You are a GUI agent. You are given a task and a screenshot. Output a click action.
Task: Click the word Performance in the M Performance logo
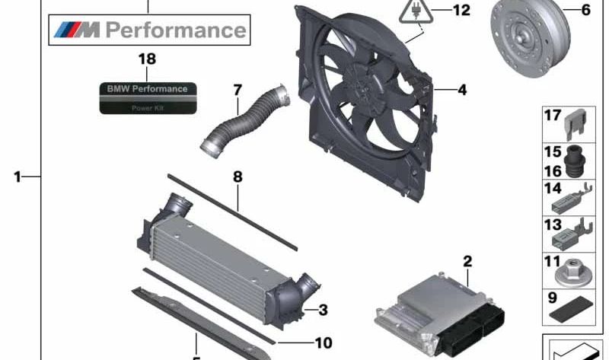(x=176, y=30)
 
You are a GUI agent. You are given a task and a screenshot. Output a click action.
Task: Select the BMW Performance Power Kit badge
(x=148, y=98)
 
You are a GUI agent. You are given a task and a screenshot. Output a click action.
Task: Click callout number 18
(x=147, y=59)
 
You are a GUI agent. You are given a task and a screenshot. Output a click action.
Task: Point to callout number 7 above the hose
(x=238, y=90)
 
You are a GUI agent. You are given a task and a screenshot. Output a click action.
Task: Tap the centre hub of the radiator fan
(x=362, y=86)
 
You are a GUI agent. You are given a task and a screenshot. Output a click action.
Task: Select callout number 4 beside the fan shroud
(x=462, y=90)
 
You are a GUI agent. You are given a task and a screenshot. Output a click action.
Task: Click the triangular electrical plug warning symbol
(x=416, y=11)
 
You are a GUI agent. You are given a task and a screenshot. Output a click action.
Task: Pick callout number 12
(x=461, y=10)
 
